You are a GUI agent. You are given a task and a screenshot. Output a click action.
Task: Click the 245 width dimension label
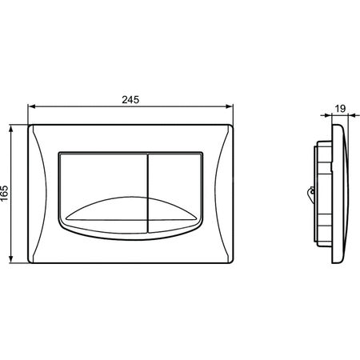130,100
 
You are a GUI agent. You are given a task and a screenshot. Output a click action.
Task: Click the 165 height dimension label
5,193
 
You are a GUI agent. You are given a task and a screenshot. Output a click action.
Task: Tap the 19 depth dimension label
340,109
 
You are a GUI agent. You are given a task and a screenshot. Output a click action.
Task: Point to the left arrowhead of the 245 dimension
32,106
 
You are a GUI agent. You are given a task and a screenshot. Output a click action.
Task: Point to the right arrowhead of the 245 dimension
229,106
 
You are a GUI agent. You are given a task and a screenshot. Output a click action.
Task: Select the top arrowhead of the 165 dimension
11,129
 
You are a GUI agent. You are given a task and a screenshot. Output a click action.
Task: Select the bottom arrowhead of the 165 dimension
11,259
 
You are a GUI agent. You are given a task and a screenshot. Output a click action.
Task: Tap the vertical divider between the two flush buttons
147,194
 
